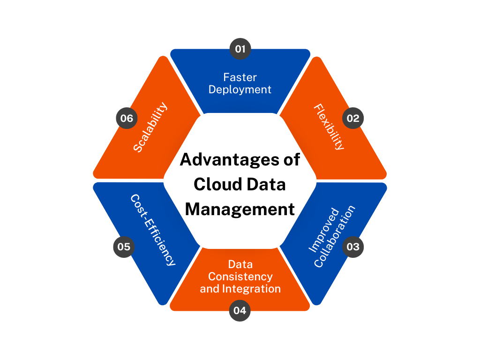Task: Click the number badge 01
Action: click(240, 49)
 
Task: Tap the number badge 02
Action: click(352, 119)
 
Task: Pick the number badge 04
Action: click(240, 310)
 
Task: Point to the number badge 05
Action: click(124, 247)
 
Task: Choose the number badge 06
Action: click(127, 119)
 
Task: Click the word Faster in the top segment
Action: click(240, 77)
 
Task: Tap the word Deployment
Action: click(240, 89)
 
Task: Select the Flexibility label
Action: click(329, 127)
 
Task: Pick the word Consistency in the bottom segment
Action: click(240, 277)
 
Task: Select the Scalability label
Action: click(150, 127)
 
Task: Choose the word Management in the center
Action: click(240, 209)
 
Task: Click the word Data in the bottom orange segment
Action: click(240, 264)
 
